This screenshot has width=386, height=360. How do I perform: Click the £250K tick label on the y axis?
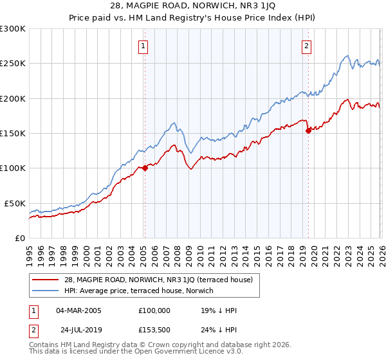tap(13, 64)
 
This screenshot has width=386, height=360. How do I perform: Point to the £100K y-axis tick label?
tap(13, 168)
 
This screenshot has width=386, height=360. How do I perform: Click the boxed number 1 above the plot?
tap(143, 46)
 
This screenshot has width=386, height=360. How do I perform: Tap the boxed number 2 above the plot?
tap(306, 46)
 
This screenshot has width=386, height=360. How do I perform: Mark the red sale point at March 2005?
tap(145, 168)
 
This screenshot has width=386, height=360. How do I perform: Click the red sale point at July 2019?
tap(308, 130)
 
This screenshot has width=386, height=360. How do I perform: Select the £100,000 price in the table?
tap(154, 310)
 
